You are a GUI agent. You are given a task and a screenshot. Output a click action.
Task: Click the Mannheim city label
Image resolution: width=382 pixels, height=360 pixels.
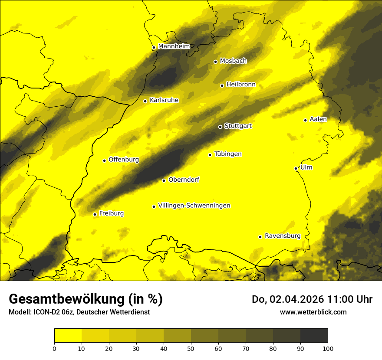point(174,46)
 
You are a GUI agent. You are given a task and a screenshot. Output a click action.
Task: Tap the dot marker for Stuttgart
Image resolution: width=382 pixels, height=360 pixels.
point(220,127)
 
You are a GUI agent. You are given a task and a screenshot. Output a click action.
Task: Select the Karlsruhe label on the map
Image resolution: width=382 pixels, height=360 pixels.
point(164,100)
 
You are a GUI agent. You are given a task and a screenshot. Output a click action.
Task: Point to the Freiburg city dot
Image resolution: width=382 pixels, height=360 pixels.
point(95,214)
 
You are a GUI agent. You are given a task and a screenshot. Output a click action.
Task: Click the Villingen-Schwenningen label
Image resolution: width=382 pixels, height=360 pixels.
point(194,206)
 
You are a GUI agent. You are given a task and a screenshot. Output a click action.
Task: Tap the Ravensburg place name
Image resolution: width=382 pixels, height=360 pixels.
point(282,236)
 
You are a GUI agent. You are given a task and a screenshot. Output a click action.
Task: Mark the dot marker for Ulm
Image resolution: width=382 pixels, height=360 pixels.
point(296,168)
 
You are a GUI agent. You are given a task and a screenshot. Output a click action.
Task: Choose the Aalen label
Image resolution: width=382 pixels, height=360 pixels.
point(318,119)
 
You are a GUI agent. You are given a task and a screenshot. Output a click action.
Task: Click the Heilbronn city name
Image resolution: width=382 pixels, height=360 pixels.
point(241,84)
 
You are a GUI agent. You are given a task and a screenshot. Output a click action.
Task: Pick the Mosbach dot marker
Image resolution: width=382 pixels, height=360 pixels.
point(215,62)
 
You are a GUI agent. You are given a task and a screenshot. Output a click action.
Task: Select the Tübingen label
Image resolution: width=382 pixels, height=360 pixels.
point(228,154)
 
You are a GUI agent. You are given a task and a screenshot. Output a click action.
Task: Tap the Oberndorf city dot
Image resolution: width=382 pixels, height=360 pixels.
point(164,180)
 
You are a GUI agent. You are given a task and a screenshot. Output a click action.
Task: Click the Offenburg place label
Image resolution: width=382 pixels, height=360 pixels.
point(124,160)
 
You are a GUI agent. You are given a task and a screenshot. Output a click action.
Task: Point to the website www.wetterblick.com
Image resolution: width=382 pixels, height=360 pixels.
point(313,312)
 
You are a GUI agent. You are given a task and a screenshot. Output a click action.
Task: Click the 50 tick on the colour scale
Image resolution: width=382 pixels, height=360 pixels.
point(191,348)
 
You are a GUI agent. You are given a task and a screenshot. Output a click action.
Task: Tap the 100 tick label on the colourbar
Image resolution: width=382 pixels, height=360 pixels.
point(327,348)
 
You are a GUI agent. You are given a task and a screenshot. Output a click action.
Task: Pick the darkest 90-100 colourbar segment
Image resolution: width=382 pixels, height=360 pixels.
point(314,335)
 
